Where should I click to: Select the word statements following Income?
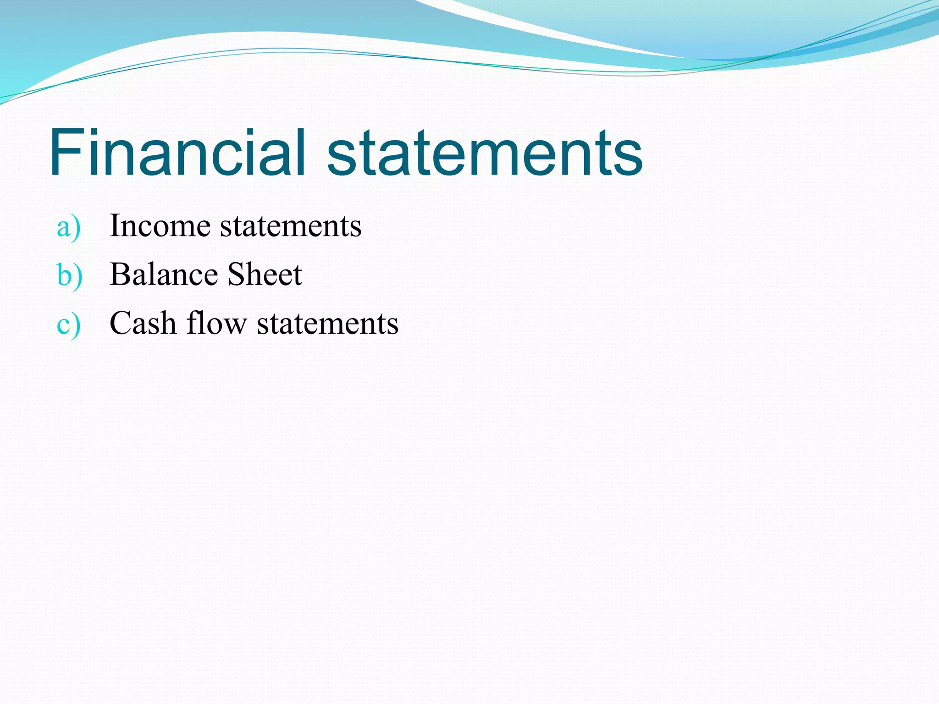(x=291, y=226)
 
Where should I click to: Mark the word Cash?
(x=143, y=323)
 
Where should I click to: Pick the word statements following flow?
(x=327, y=324)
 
